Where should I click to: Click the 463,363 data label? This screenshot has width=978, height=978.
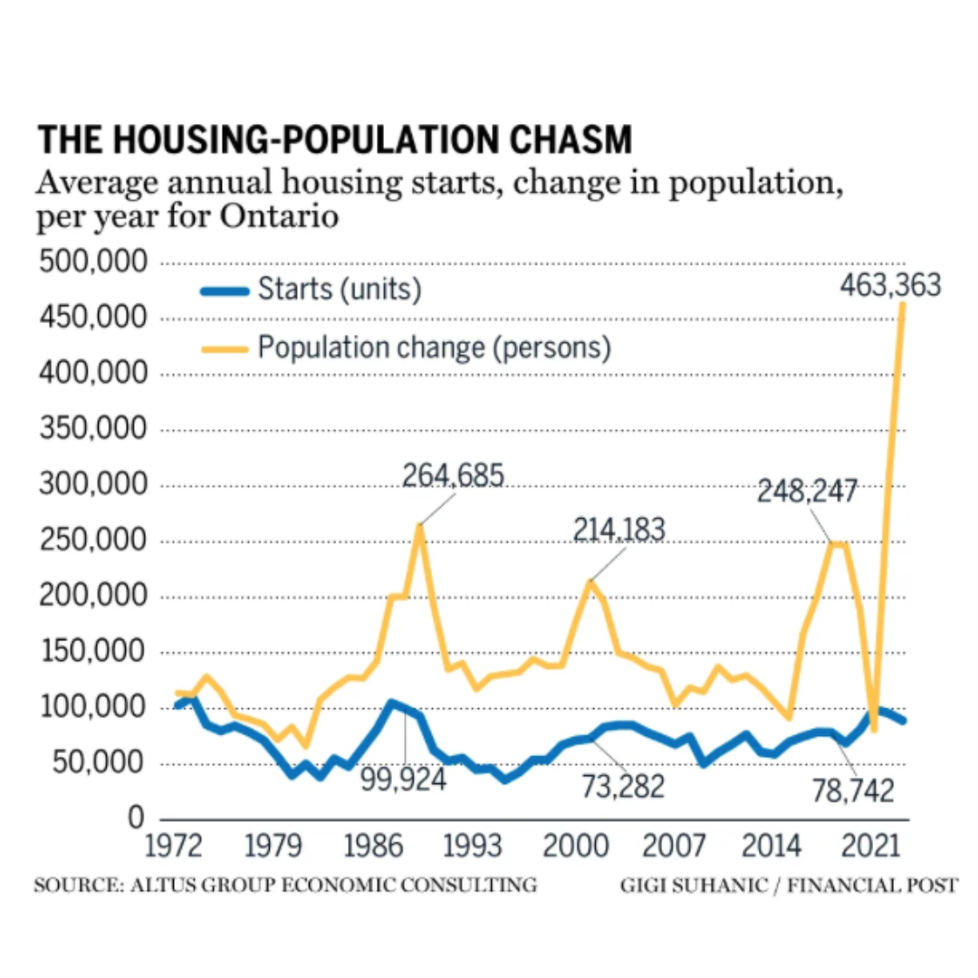tap(890, 285)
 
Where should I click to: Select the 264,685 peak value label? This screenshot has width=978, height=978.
tap(453, 475)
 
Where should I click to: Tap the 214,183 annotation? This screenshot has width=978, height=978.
tap(619, 530)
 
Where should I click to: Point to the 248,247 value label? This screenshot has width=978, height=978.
tap(807, 492)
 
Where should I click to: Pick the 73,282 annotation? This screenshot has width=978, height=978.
tap(622, 786)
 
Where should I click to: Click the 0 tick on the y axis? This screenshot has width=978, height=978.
tap(135, 819)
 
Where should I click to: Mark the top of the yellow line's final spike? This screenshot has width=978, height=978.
tap(902, 303)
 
